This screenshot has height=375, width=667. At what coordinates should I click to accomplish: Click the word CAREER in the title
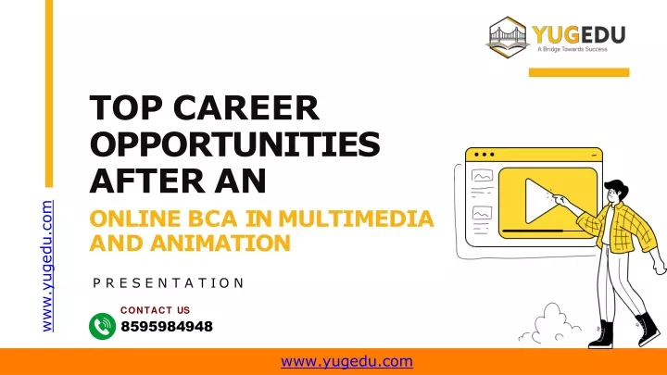[x=245, y=108]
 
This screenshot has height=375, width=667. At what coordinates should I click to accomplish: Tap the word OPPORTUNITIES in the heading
[x=234, y=144]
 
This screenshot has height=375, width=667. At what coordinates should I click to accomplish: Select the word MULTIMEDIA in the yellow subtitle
[x=356, y=219]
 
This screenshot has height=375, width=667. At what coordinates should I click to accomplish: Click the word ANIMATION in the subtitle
[x=220, y=244]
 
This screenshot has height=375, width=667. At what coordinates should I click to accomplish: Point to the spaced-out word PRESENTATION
[x=169, y=283]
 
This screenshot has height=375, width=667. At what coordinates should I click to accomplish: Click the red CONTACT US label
[x=156, y=310]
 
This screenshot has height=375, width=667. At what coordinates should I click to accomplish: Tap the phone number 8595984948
[x=167, y=327]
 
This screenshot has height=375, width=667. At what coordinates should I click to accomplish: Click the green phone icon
[x=102, y=327]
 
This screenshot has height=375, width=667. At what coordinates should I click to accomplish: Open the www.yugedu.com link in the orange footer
[x=346, y=362]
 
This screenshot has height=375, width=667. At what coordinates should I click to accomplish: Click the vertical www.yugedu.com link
[x=47, y=266]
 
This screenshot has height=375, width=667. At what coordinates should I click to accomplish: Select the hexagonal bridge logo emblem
[x=508, y=37]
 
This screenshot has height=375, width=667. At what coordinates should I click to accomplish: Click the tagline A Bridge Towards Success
[x=573, y=49]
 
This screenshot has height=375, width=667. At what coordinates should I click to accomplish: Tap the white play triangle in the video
[x=540, y=201]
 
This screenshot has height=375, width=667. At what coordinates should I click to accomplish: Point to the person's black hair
[x=616, y=188]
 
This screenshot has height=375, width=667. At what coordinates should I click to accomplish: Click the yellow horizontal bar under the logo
[x=579, y=73]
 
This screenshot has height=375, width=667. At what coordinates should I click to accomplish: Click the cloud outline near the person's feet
[x=549, y=325]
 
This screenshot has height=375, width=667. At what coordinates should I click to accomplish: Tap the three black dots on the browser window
[x=485, y=155]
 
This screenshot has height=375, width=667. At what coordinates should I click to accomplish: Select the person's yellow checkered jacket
[x=620, y=228]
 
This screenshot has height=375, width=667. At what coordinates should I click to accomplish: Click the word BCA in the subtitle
[x=212, y=219]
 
